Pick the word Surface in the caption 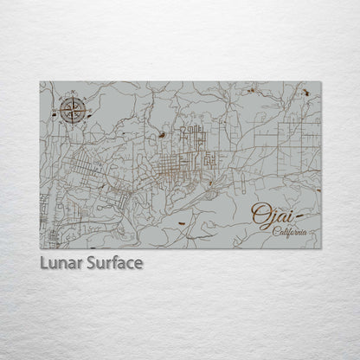click(114, 261)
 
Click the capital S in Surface click(92, 261)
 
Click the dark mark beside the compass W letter click(54, 112)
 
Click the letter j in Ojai click(272, 217)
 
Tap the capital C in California click(275, 231)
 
